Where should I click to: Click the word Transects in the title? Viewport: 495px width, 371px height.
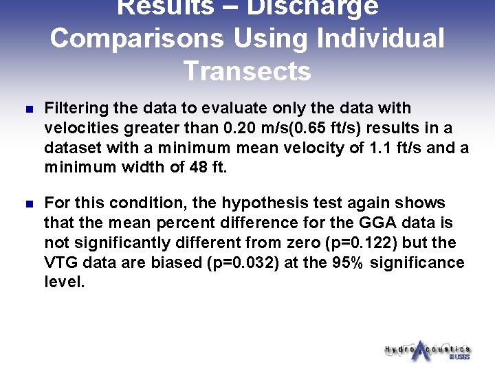247,71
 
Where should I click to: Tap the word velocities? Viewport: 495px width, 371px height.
79,127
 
